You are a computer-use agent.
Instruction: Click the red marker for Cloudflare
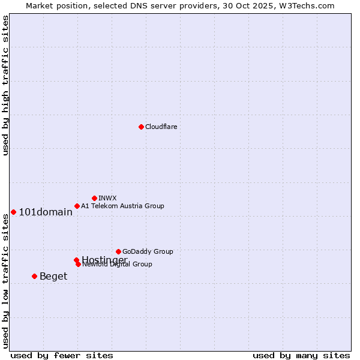tap(141, 127)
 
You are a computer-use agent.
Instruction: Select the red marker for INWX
tap(94, 198)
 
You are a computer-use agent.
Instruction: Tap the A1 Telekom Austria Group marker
tap(77, 206)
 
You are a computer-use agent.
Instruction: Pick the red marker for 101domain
tap(13, 212)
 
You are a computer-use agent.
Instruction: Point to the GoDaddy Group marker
tap(118, 251)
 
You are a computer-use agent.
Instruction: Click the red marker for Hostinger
tap(76, 260)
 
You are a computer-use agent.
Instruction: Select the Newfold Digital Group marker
tap(78, 264)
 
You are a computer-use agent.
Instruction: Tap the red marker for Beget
tap(34, 276)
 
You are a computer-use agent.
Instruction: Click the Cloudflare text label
tap(161, 127)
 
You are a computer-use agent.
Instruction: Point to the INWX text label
tap(107, 198)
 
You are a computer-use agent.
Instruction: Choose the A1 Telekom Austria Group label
tap(122, 206)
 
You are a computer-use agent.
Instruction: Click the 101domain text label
tap(46, 212)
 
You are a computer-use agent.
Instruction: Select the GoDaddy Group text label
tap(148, 251)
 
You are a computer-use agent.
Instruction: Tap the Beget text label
tap(53, 276)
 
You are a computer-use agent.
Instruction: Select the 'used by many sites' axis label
tap(301, 355)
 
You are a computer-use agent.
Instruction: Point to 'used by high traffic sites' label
tap(6, 85)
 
